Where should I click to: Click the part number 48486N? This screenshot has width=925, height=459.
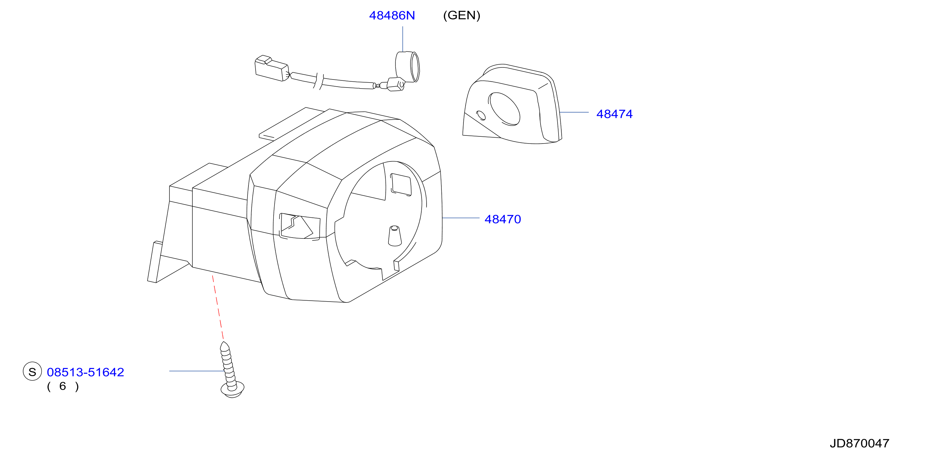coord(392,15)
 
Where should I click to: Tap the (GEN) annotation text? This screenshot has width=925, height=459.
coord(462,15)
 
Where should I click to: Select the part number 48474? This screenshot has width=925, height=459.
coord(614,114)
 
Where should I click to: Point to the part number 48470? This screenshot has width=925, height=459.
coord(502,219)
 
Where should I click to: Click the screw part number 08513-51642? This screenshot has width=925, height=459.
coord(85,372)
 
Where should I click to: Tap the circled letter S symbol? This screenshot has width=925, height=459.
coord(32,371)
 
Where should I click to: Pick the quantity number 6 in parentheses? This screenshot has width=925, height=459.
coord(63,386)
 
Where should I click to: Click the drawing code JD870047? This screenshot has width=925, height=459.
coord(859,444)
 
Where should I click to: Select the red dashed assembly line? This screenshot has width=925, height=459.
coord(218,307)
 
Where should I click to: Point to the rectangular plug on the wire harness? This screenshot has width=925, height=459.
coord(271,68)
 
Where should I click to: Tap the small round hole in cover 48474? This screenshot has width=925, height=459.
coord(481,115)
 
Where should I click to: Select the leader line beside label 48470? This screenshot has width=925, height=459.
coord(461,218)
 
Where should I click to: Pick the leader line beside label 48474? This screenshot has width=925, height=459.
coord(574,112)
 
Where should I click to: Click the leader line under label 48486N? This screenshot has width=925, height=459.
coord(402,39)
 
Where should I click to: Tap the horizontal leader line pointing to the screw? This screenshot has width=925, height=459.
coord(197,371)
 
